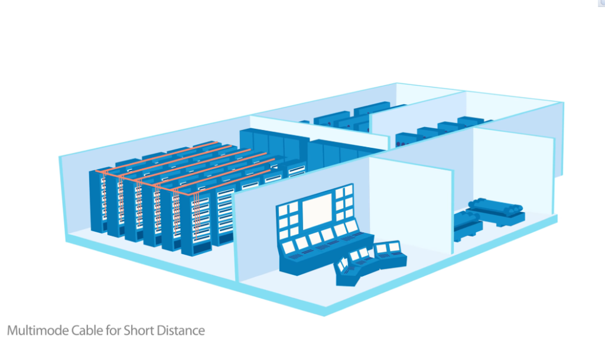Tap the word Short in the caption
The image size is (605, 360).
pyautogui.click(x=139, y=330)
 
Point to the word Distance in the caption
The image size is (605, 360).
pyautogui.click(x=181, y=330)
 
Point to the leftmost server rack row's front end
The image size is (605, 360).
pyautogui.click(x=97, y=201)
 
